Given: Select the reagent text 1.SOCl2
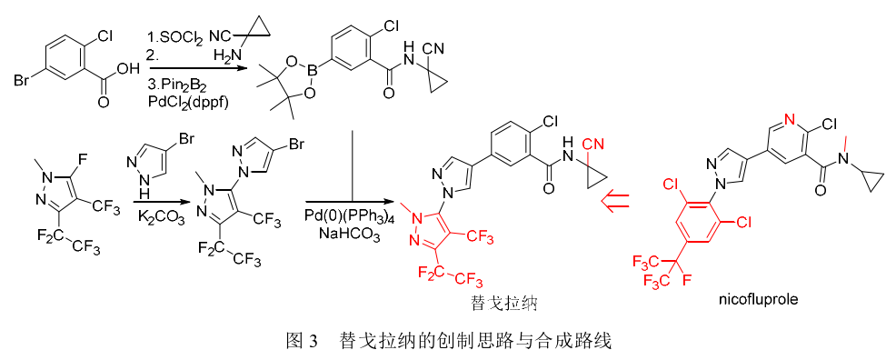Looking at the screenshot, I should [174, 36].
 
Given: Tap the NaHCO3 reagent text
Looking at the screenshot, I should [347, 233].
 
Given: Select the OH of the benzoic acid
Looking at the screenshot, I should [127, 67].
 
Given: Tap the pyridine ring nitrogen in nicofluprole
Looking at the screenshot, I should [787, 119].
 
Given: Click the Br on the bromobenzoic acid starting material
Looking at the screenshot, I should [23, 84].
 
